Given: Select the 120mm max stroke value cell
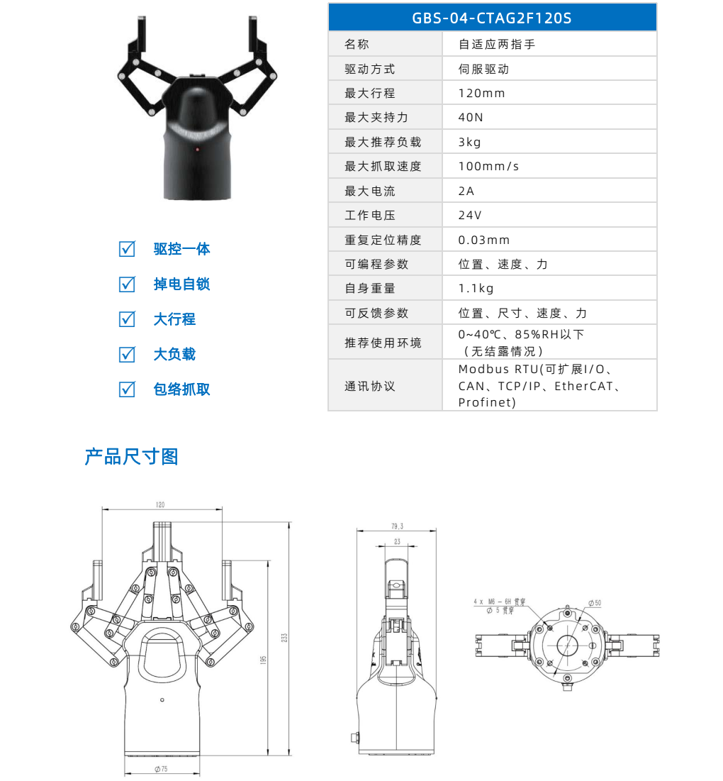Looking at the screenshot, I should tap(481, 94).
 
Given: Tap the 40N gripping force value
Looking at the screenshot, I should tap(471, 118).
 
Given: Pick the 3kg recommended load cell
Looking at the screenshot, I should tap(469, 142).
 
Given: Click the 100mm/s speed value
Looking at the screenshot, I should tap(488, 167).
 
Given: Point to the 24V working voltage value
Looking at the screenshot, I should tap(470, 216).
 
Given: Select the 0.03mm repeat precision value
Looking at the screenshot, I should tap(484, 240).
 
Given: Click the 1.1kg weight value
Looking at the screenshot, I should tap(476, 289).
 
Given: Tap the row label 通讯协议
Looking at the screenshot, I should tap(369, 387).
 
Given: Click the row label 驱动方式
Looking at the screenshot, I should tap(369, 70).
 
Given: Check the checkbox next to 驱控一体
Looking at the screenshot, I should tap(127, 249).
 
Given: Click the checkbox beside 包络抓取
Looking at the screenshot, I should tap(127, 389).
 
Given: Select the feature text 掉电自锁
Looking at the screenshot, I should tap(181, 284).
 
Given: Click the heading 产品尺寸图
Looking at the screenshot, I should tap(131, 456).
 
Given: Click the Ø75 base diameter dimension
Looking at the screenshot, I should tap(161, 769).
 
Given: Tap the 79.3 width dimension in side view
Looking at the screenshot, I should tap(397, 526).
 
